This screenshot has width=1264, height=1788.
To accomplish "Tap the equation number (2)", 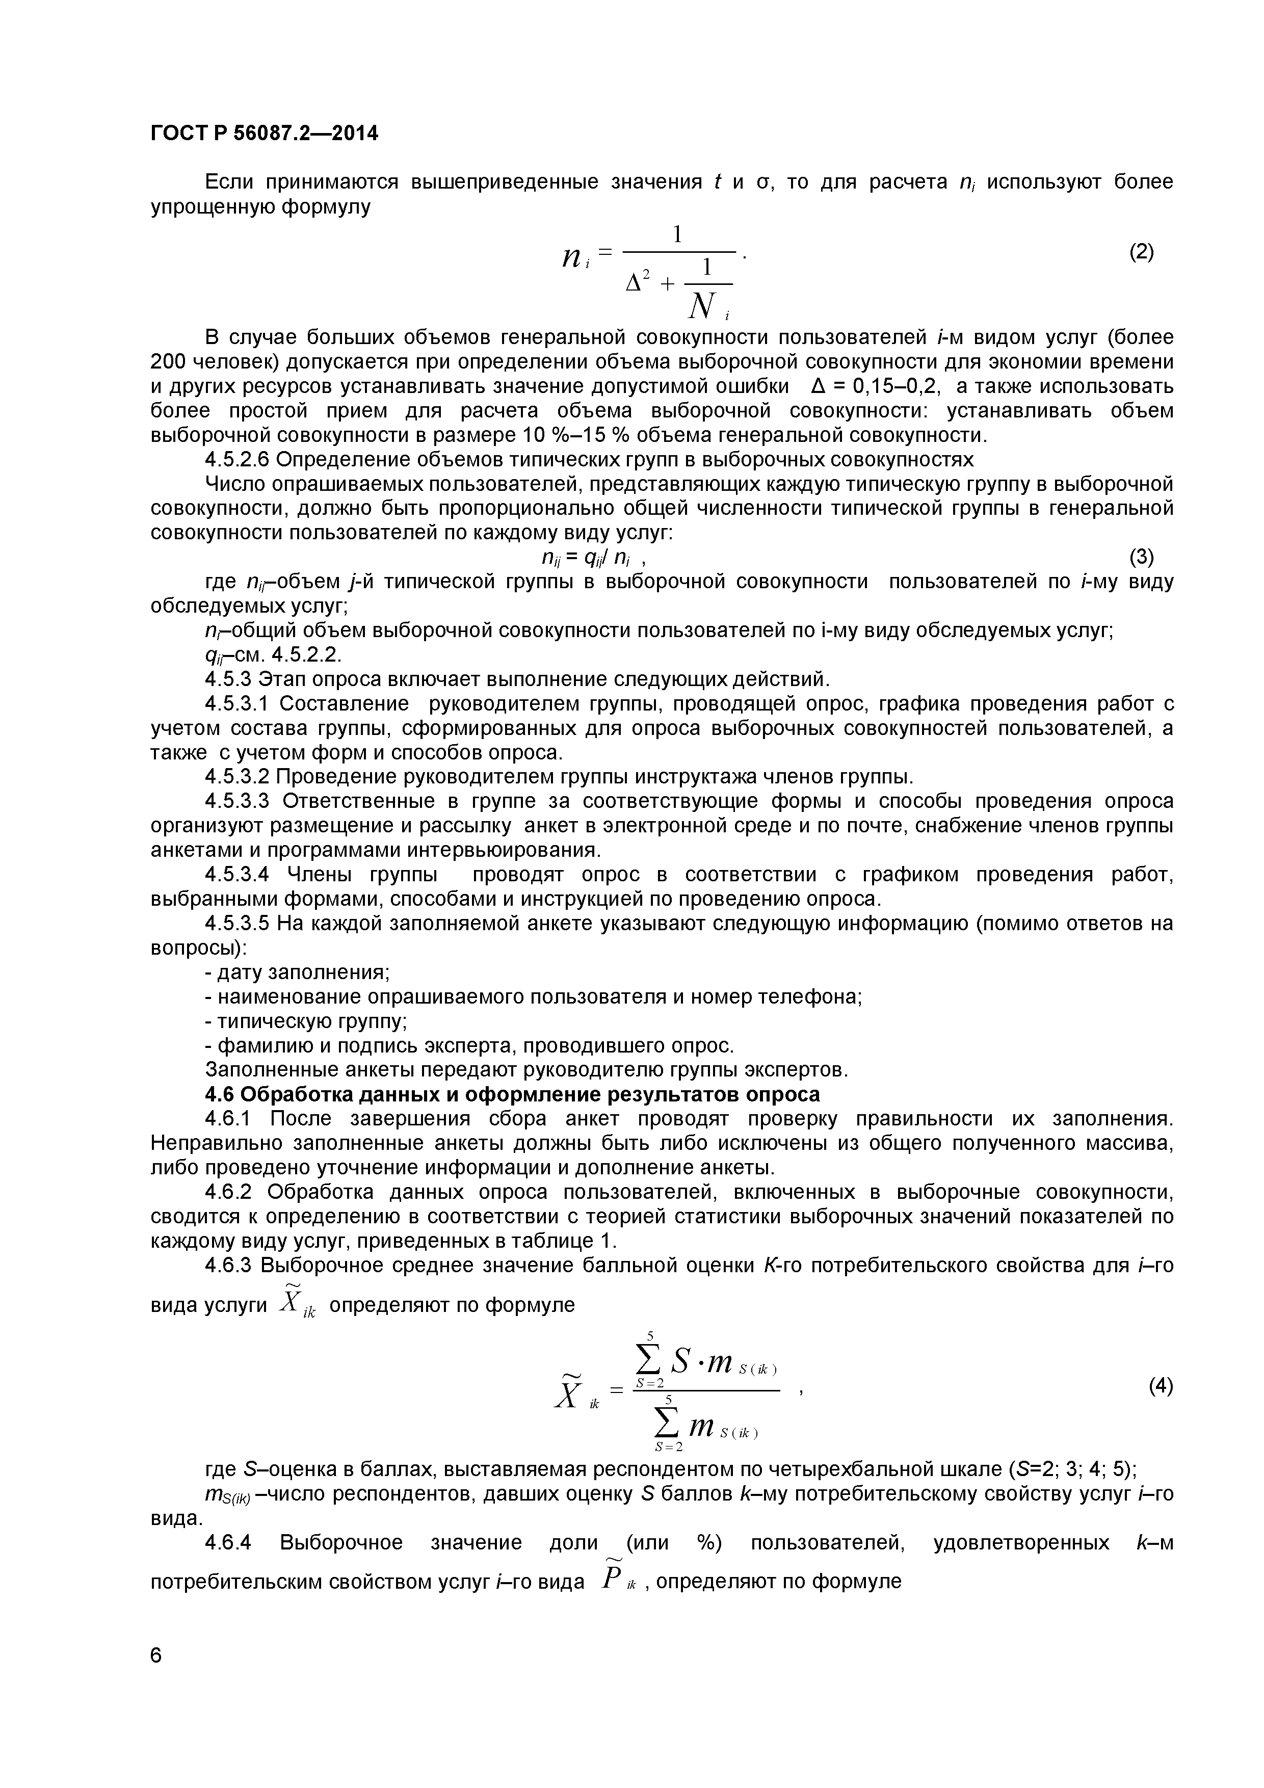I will click(1142, 252).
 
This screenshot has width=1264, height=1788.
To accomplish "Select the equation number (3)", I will click(1142, 557).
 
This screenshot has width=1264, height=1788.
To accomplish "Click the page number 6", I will click(156, 1677).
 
